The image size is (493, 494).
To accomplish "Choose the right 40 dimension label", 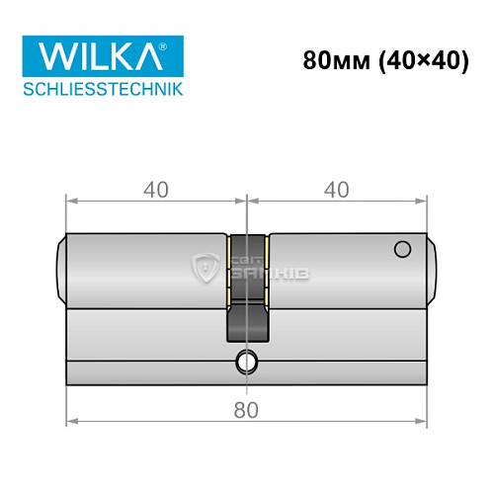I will (x=338, y=189).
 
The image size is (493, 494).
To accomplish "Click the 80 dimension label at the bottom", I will (x=247, y=409).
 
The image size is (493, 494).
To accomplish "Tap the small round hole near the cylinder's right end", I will (x=401, y=249).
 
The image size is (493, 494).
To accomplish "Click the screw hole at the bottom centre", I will (x=246, y=363).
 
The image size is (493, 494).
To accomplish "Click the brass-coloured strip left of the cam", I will (x=229, y=267).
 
